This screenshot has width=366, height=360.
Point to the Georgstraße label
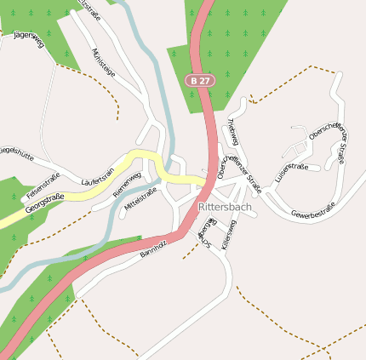(44, 203)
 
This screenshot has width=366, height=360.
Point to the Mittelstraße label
(141, 200)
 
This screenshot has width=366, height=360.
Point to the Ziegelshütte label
(16, 155)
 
